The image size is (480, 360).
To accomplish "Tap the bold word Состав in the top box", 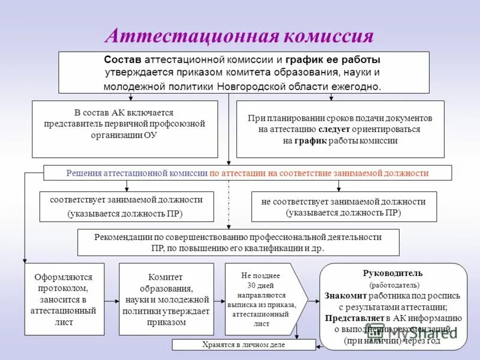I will (x=123, y=60).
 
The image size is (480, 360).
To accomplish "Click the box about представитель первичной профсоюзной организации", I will (x=125, y=128).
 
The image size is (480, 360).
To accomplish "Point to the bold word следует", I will (x=331, y=129).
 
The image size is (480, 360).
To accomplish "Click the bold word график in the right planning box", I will (x=310, y=140).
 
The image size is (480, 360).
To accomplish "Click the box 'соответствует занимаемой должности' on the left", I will (x=127, y=206).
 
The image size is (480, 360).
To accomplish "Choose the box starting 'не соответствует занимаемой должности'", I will (x=343, y=207).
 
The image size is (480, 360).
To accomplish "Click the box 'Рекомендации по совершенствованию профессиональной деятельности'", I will (x=238, y=242).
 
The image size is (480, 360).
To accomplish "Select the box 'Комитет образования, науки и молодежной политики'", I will (x=167, y=299).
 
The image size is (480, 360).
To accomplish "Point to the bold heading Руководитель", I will (x=393, y=273).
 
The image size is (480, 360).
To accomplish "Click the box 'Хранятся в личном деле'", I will (x=244, y=345).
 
